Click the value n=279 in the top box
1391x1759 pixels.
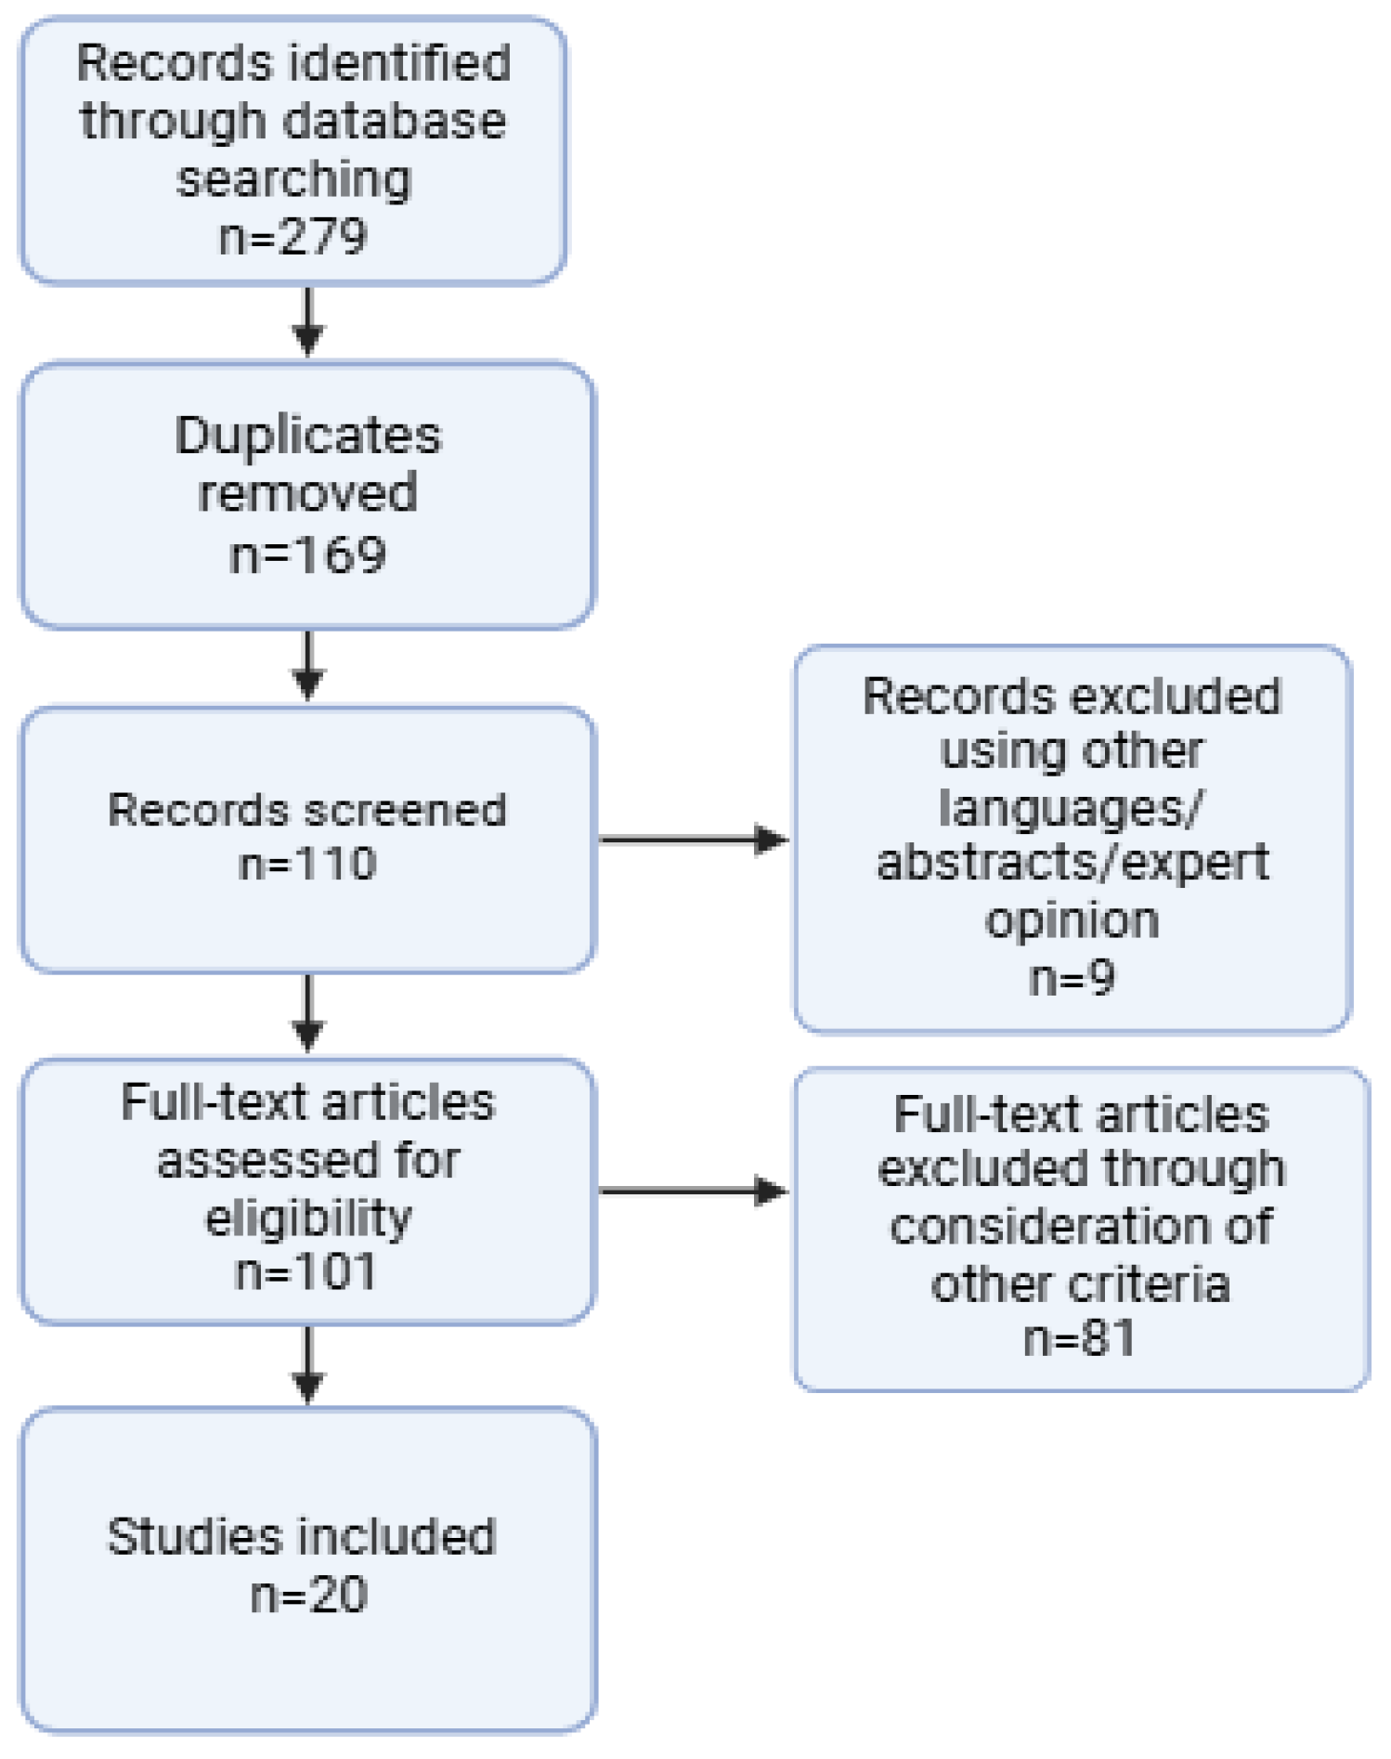click(293, 237)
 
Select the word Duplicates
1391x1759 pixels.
click(308, 436)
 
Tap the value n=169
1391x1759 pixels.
click(307, 555)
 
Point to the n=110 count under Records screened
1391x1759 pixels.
click(307, 864)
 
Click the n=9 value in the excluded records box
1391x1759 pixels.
click(1072, 978)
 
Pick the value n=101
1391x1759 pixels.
click(305, 1271)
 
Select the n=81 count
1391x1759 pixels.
click(1079, 1338)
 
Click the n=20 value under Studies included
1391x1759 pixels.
click(309, 1595)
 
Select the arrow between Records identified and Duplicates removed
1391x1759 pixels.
click(308, 321)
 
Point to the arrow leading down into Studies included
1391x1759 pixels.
click(308, 1363)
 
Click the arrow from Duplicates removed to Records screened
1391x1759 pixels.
click(308, 665)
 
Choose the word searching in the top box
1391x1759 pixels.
click(293, 179)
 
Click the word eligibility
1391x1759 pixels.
click(307, 1218)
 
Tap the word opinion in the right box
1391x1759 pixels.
click(1072, 920)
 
